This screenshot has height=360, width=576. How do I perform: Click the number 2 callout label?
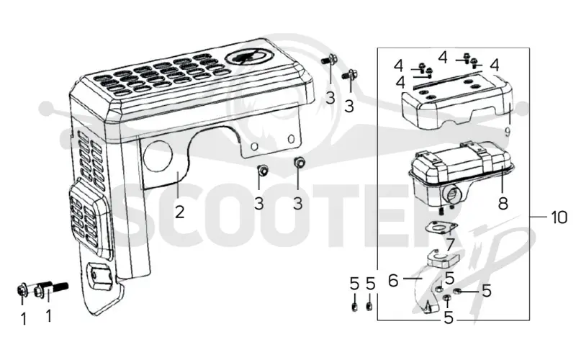179,212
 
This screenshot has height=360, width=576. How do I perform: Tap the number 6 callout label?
393,281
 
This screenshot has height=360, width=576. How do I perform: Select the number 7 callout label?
450,244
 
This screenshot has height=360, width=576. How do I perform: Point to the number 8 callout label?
503,203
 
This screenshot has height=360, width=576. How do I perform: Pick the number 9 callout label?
508,132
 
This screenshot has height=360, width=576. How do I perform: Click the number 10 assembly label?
559,217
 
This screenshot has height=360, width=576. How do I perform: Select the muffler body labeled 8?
461,173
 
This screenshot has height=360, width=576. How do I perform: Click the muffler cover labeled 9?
457,101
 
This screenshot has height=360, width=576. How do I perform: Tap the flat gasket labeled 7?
441,227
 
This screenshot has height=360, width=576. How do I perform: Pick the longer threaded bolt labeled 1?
51,289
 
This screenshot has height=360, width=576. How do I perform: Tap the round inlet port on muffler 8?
453,192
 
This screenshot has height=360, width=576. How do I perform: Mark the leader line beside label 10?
538,217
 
